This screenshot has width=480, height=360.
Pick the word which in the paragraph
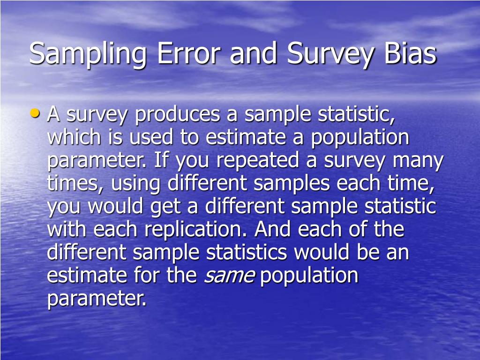74,138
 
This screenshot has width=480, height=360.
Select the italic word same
229,276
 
